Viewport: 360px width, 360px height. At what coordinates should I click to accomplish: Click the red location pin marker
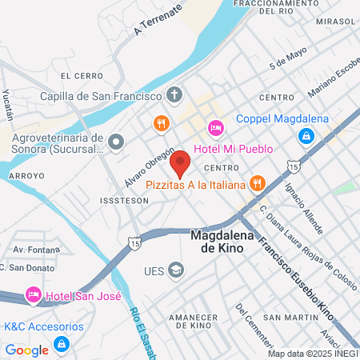point(180,163)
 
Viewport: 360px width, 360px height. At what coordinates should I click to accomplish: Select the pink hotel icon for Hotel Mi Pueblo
point(214,128)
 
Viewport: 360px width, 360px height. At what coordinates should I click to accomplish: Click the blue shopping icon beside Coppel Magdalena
point(305,138)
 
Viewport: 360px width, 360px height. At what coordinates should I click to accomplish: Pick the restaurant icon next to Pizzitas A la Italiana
point(257,184)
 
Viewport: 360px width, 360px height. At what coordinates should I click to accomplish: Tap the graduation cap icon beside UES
point(174,270)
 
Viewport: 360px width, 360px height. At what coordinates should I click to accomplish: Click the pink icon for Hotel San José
point(33,296)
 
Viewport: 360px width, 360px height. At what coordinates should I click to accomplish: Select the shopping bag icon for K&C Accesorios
point(61,344)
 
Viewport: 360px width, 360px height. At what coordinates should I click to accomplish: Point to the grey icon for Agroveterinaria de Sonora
point(116,142)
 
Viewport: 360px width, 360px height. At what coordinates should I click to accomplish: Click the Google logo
point(26,350)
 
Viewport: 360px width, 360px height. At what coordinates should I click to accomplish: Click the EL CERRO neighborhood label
point(82,76)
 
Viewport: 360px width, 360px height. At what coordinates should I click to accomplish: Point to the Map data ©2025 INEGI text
point(312,354)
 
